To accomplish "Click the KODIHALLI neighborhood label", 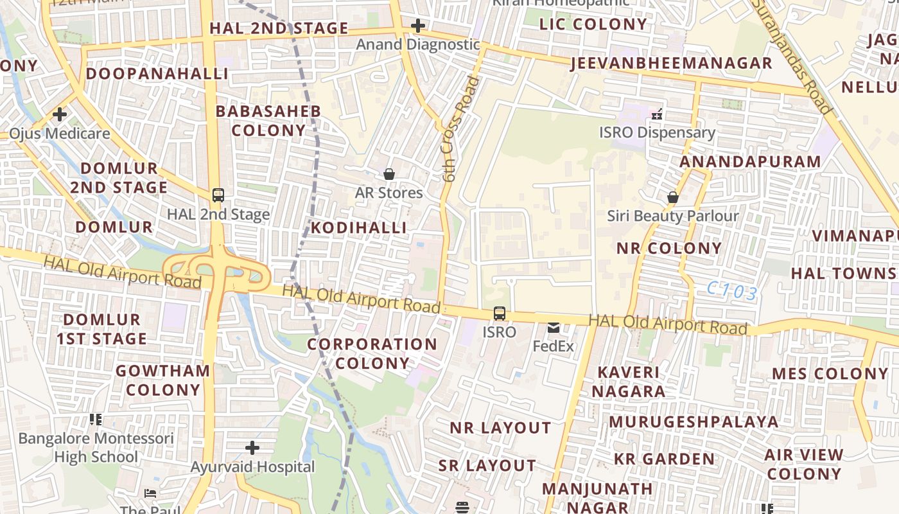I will click(359, 228).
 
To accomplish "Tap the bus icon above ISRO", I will click(499, 314).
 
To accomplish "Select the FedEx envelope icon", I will click(553, 328).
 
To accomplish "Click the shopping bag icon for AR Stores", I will click(388, 174).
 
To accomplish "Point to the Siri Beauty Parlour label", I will click(673, 216).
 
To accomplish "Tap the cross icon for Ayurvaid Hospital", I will click(252, 447).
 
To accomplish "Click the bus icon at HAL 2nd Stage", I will click(218, 195).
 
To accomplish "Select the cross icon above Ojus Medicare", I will click(60, 115).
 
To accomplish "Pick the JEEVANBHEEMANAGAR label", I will click(671, 64).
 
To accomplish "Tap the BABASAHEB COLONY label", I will click(268, 121).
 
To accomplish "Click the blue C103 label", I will click(732, 292).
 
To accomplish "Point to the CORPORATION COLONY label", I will click(372, 353).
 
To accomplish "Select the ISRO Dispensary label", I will click(657, 132).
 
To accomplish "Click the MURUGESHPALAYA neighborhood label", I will click(694, 422).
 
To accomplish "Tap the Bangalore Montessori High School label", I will click(96, 448).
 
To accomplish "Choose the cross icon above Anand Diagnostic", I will click(418, 26).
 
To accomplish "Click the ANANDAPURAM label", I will click(750, 162).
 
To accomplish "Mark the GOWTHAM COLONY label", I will click(163, 380).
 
